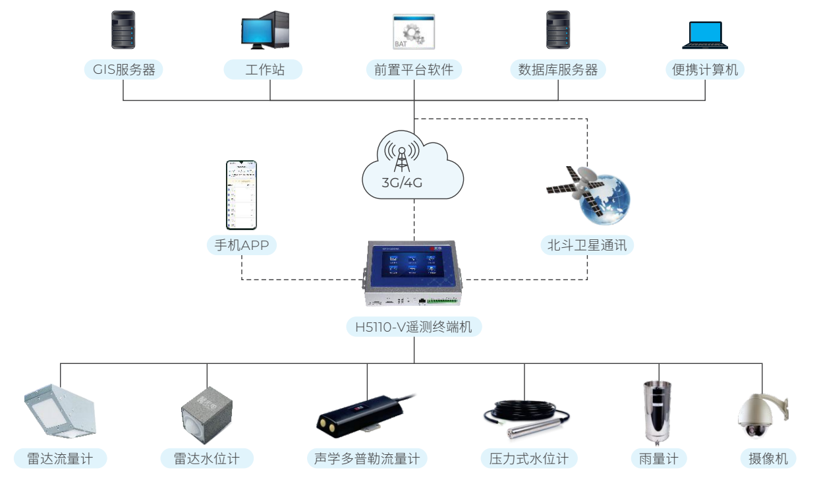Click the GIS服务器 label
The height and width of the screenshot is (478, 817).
point(123,70)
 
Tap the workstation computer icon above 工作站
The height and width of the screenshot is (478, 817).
point(265,30)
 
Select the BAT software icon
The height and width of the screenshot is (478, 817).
point(414,31)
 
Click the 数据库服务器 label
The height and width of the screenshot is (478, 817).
point(558,70)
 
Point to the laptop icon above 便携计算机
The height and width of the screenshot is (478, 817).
point(705,36)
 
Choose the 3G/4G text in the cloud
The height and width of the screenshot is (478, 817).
point(402,183)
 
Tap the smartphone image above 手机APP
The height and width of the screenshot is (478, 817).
point(240,194)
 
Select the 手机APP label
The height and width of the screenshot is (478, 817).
point(242,246)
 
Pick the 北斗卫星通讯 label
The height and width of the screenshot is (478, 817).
point(587,246)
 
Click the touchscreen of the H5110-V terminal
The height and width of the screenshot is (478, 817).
point(413,264)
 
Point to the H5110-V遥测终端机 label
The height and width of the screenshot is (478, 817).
point(414,326)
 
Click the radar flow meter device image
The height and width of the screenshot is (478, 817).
point(59,412)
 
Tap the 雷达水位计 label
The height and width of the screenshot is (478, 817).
point(206,459)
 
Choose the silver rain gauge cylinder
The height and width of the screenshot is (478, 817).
point(656,411)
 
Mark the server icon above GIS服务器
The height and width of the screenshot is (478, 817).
point(123,30)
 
